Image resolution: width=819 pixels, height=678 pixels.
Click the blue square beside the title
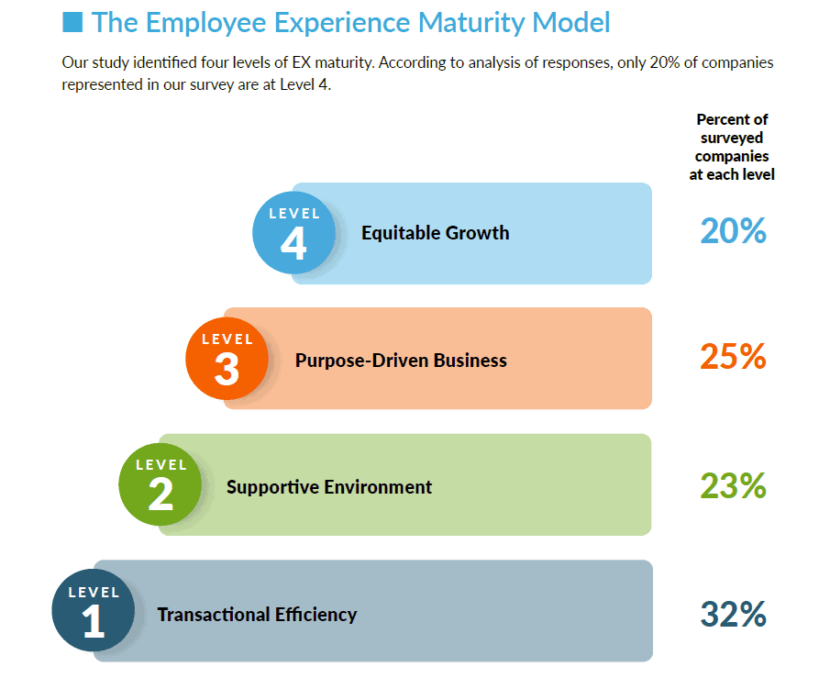click(x=72, y=22)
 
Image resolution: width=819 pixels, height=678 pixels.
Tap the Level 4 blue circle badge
click(x=293, y=232)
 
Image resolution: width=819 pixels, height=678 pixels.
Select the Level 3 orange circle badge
click(x=227, y=359)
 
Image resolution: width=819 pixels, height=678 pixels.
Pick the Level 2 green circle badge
click(x=160, y=484)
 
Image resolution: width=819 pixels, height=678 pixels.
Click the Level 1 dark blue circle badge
click(x=94, y=610)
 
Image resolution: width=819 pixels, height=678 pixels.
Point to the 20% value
click(x=733, y=231)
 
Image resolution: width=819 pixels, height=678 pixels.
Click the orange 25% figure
click(x=733, y=357)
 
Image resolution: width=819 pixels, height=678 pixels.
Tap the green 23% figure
click(x=733, y=485)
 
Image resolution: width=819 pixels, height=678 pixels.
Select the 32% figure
click(x=733, y=614)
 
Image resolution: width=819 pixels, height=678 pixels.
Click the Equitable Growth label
click(x=435, y=233)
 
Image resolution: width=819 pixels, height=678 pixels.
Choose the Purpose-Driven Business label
click(x=401, y=361)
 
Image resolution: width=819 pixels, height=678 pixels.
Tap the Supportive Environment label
click(x=329, y=487)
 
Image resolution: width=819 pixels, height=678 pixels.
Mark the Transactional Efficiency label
click(x=257, y=615)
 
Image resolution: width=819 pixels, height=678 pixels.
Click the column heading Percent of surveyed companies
click(x=732, y=147)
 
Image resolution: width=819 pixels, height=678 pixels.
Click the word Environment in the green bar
click(x=378, y=487)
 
